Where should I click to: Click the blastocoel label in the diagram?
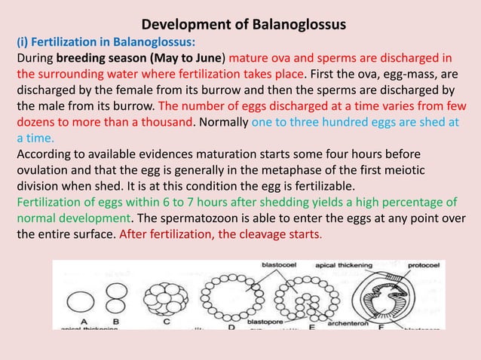pyautogui.click(x=278, y=266)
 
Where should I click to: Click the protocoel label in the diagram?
pyautogui.click(x=424, y=266)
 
